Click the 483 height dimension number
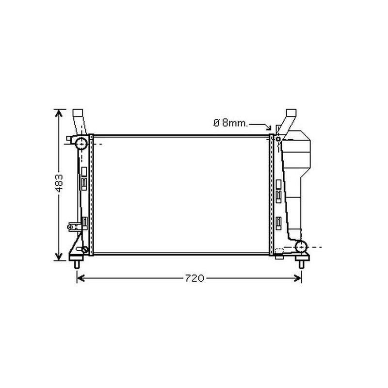tap(59, 183)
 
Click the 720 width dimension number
tap(195, 278)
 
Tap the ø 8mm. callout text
tap(230, 123)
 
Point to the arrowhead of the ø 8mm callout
tap(269, 128)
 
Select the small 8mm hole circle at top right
tap(278, 139)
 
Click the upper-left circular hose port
tap(81, 144)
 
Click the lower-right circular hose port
tap(301, 246)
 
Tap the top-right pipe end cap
tap(291, 113)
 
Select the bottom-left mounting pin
tap(77, 264)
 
